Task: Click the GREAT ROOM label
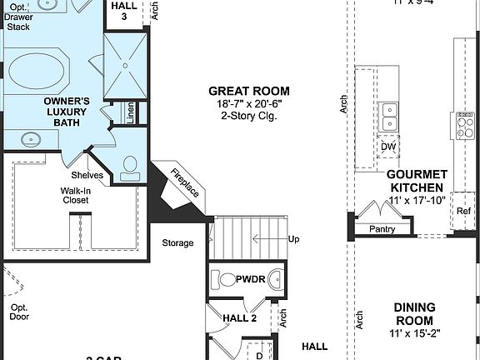249,91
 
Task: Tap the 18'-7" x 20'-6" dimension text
249,103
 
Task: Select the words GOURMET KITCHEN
417,181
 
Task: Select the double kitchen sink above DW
389,117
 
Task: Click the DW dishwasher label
388,147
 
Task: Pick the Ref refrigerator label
463,212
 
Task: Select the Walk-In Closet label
76,196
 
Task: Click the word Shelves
87,175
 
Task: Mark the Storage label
177,243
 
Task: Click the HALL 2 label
240,317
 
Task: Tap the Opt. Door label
19,312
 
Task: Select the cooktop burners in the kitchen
462,124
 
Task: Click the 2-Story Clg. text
249,116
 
